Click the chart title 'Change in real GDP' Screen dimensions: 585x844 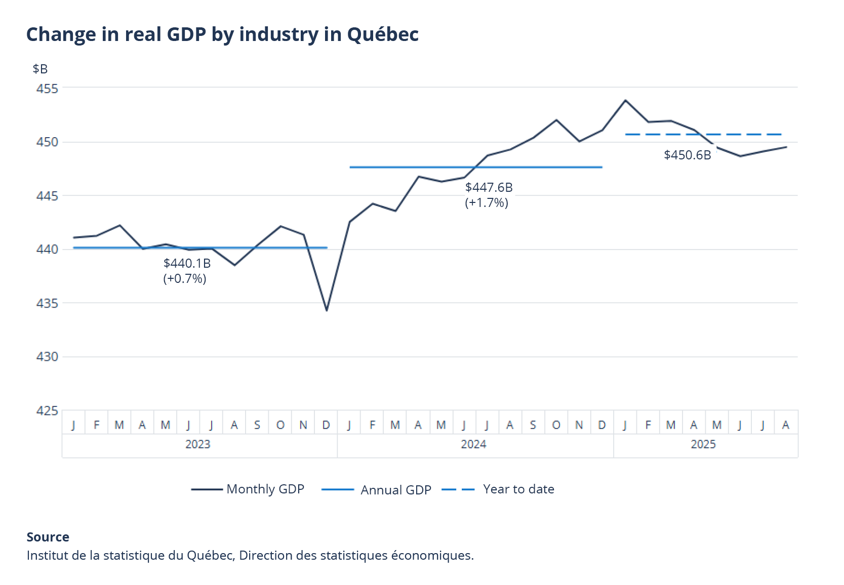click(x=222, y=34)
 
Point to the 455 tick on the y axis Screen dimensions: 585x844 click(x=47, y=89)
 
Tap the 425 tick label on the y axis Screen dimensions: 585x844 click(x=47, y=410)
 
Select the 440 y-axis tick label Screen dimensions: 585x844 click(x=47, y=249)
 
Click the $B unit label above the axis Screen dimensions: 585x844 click(x=40, y=69)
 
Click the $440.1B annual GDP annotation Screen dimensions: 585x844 click(x=187, y=263)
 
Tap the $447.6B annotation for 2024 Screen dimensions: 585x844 click(x=489, y=187)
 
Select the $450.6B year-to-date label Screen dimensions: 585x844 click(x=687, y=155)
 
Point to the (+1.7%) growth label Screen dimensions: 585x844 click(x=486, y=203)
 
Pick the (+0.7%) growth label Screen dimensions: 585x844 click(x=184, y=279)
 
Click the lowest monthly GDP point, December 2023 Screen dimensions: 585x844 click(x=327, y=310)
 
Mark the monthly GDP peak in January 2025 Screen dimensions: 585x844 click(x=625, y=100)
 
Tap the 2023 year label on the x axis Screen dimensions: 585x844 click(x=197, y=444)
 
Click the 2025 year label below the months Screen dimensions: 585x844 click(x=703, y=444)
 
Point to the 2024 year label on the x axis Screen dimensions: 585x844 click(x=473, y=444)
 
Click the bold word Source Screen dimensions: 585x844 click(x=48, y=537)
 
